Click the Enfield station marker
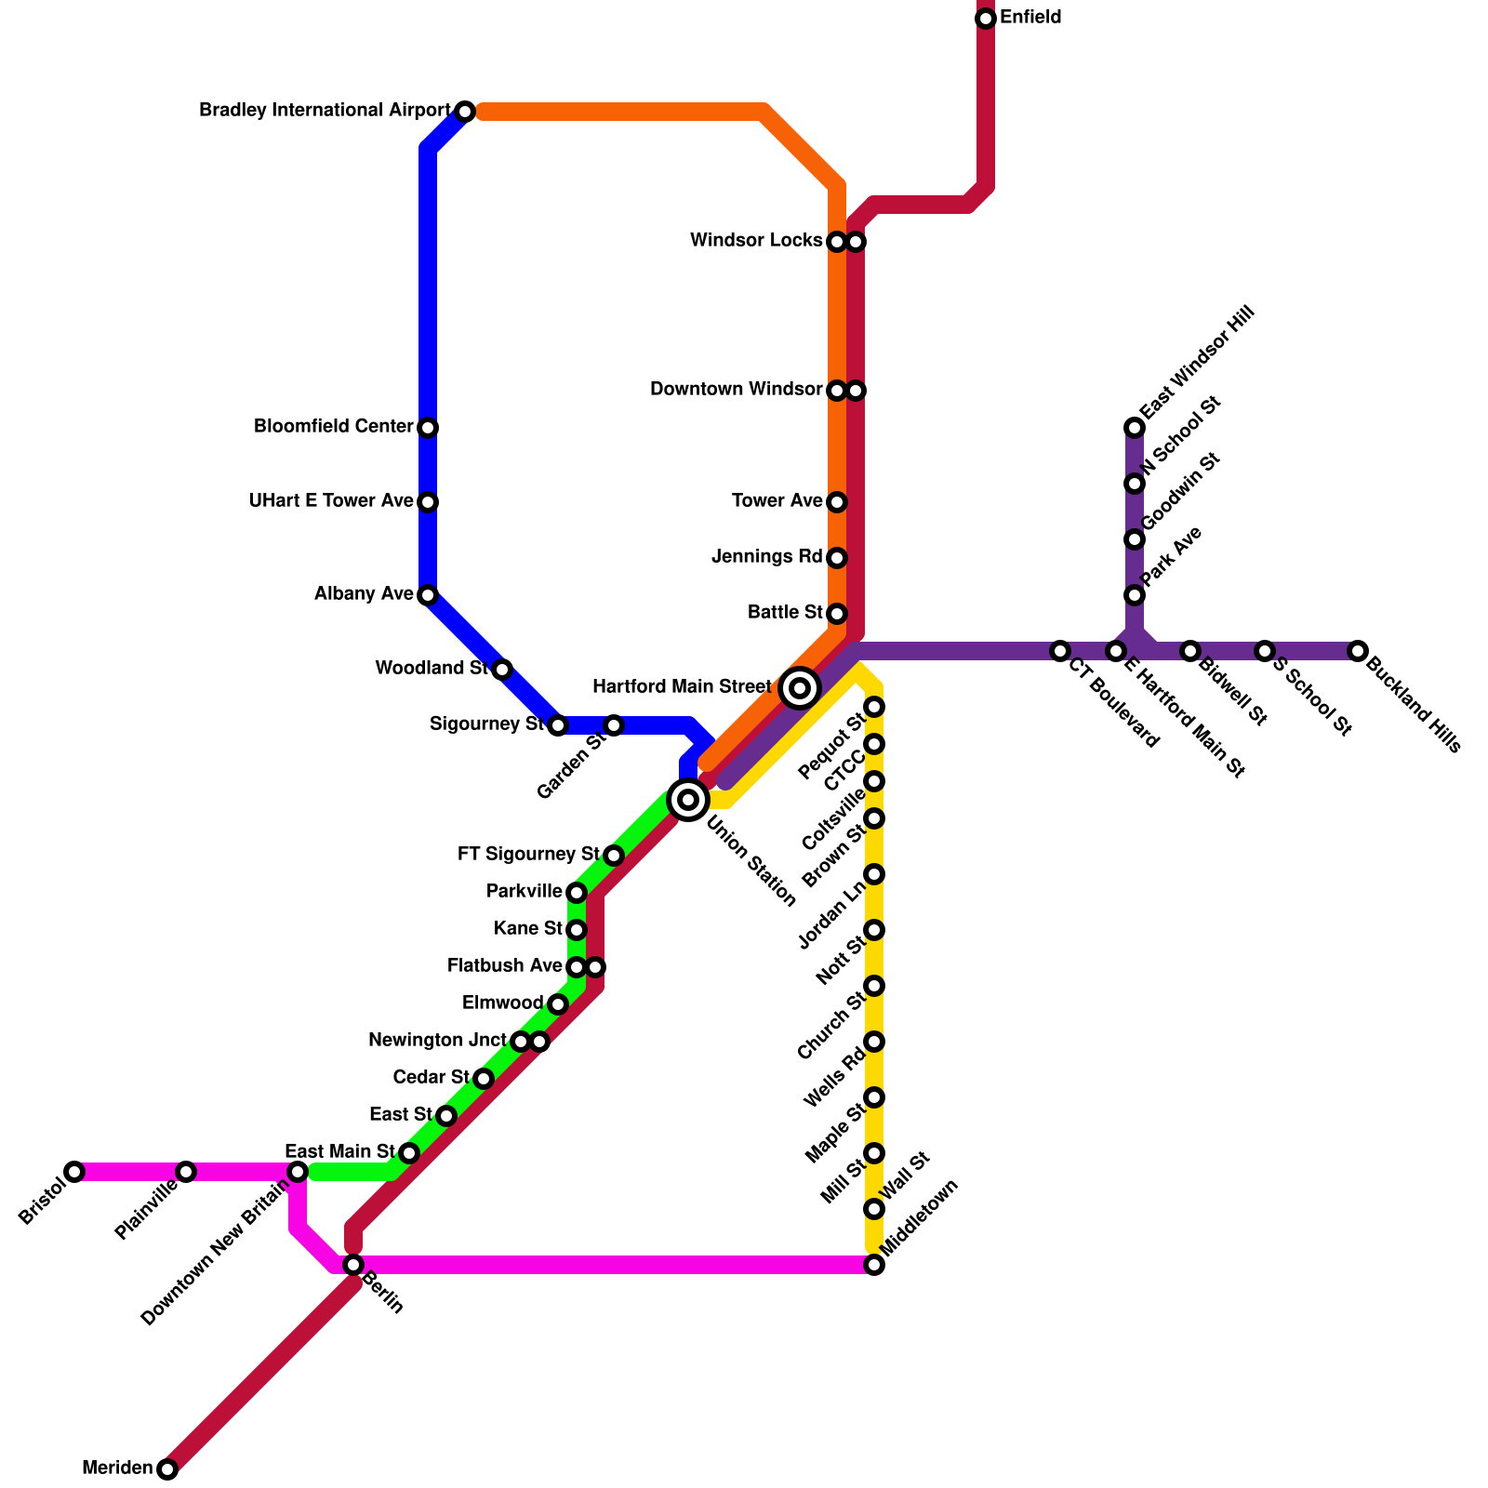tap(986, 19)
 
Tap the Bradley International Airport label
tap(325, 111)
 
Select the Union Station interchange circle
tap(688, 799)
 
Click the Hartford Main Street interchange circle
tap(800, 688)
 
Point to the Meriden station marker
tap(167, 1469)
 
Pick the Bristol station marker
tap(74, 1172)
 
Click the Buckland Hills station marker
tap(1358, 651)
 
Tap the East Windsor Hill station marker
tap(1135, 428)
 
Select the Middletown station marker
tap(874, 1265)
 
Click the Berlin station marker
tap(353, 1265)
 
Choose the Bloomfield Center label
tap(333, 427)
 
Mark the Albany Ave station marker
tap(428, 595)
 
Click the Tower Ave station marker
tap(837, 502)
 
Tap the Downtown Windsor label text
tap(736, 390)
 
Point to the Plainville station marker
tap(186, 1172)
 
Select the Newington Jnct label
tap(437, 1041)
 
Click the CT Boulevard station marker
tap(1060, 651)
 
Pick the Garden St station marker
tap(614, 725)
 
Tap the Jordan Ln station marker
tap(874, 874)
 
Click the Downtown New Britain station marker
tap(298, 1172)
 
